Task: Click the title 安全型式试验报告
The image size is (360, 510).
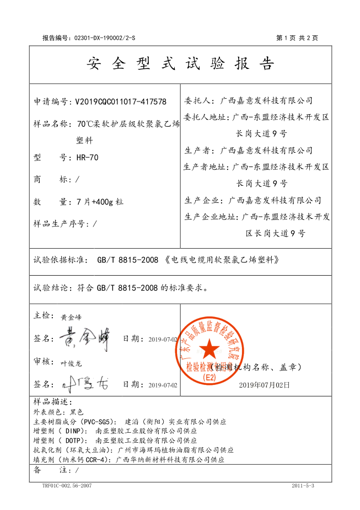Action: [180, 65]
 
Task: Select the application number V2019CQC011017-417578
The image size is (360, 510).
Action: [120, 101]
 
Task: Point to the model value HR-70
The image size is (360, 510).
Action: [87, 158]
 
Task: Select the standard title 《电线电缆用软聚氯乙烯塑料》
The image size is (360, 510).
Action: [222, 259]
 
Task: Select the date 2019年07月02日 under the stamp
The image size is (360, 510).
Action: [264, 385]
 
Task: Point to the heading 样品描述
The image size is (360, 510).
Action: [53, 402]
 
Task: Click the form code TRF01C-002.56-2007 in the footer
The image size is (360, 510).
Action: [67, 486]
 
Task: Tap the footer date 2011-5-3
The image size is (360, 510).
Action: [303, 486]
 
